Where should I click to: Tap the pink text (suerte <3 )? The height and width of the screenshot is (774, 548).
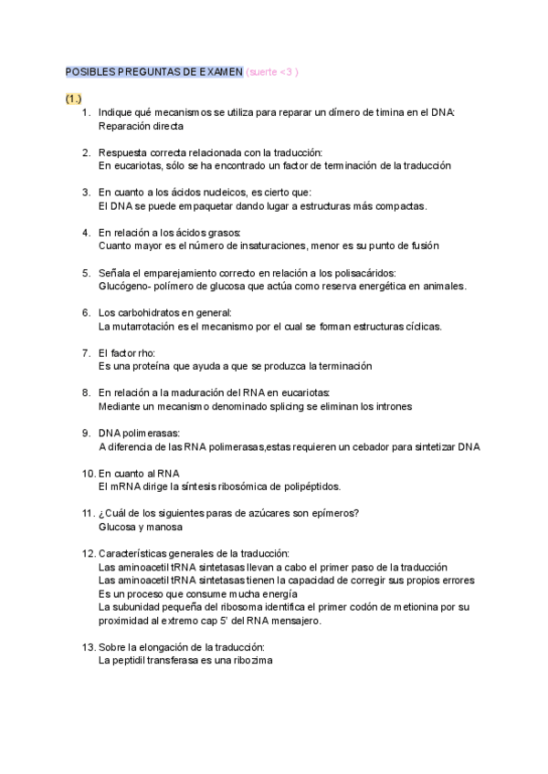272,72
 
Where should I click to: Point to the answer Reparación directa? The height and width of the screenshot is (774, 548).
140,126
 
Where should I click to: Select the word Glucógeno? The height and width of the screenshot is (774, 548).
123,286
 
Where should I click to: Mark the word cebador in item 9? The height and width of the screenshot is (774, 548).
368,446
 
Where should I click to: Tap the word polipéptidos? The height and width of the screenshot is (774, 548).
309,486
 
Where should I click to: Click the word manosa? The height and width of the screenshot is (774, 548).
164,527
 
